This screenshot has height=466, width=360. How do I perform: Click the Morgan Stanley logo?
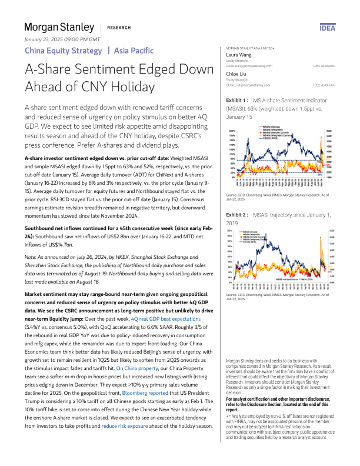pos(59,27)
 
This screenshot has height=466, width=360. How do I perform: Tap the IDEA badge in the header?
pos(326,28)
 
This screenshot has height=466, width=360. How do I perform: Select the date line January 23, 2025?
pos(62,39)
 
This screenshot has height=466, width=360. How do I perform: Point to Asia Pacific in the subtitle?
pos(134,51)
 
